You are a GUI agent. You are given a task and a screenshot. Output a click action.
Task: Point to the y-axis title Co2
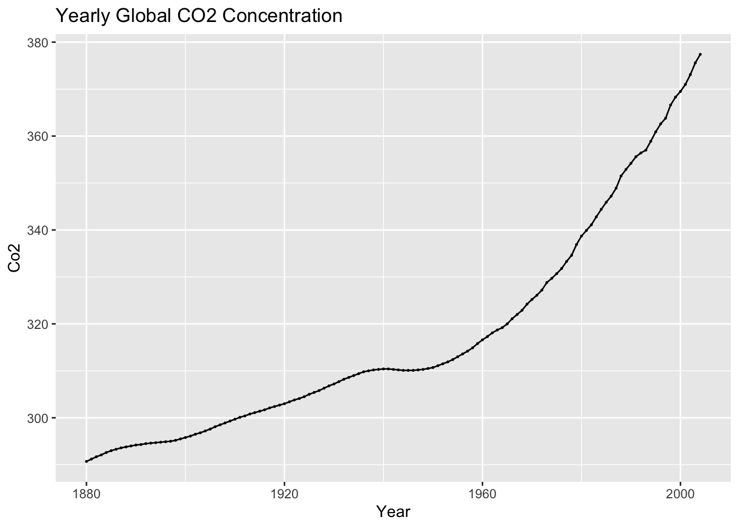[x=15, y=258]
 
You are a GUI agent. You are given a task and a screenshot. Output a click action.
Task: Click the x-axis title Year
[x=393, y=512]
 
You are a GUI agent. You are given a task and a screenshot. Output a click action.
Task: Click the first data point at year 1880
[x=86, y=461]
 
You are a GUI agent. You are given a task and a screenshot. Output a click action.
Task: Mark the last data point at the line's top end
[x=700, y=54]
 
